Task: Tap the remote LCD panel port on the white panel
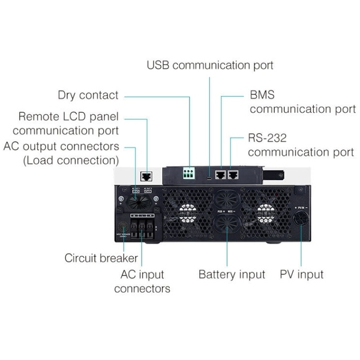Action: pos(145,176)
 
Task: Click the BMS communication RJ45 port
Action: pos(220,175)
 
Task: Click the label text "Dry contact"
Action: pos(88,95)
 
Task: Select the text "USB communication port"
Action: pos(210,65)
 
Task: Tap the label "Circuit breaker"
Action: pos(101,259)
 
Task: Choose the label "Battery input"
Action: pos(232,275)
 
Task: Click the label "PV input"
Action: pos(301,275)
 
